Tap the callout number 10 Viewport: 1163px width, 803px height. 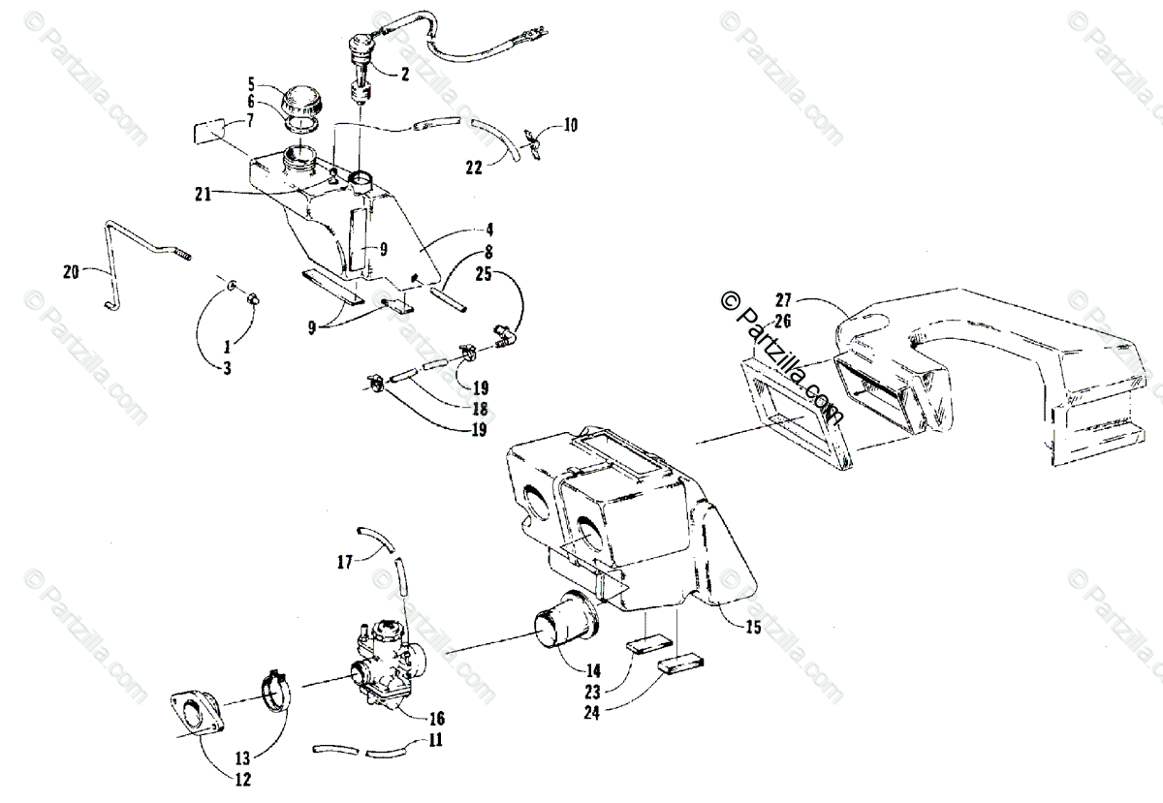pos(571,125)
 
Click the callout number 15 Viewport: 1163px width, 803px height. pos(753,628)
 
